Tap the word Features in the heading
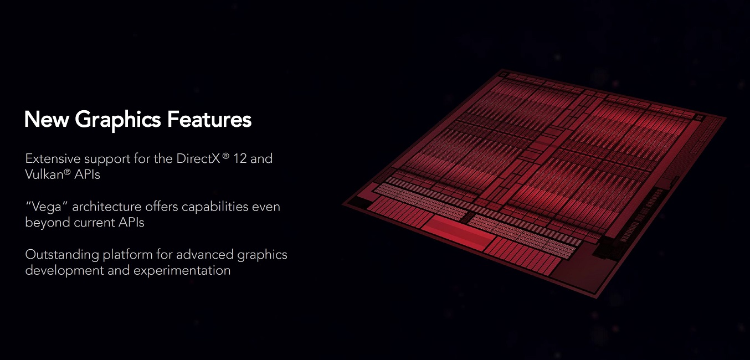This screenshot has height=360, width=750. [209, 119]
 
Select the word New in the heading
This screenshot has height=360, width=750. [47, 119]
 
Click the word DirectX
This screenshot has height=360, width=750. [198, 158]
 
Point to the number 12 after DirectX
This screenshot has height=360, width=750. [240, 158]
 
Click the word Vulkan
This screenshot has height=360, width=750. [44, 174]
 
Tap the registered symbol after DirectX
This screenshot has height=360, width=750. [226, 156]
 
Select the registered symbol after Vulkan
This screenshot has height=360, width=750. [67, 172]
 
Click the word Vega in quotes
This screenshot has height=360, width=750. [47, 207]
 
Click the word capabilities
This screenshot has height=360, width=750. [215, 207]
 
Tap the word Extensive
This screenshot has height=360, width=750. [53, 158]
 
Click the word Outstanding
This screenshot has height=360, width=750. [62, 255]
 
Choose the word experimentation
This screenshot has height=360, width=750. [182, 271]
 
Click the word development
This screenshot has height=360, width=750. [65, 271]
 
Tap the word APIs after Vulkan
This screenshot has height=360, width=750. [87, 174]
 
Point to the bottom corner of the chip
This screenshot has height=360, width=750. [597, 298]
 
